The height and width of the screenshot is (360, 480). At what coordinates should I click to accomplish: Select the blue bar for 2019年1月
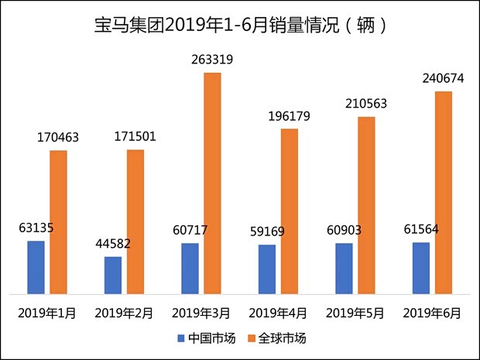36,267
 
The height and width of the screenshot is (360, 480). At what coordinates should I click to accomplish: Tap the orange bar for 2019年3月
212,183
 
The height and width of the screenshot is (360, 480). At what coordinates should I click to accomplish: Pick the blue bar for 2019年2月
113,275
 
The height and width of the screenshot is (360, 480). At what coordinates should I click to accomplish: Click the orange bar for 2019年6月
443,193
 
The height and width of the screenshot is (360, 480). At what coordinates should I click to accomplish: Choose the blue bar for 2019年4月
266,269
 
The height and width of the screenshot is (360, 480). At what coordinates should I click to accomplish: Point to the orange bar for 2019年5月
366,205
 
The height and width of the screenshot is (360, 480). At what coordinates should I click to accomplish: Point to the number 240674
444,77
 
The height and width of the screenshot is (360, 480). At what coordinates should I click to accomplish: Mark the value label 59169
266,231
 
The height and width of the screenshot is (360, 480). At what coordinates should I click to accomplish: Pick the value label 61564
421,229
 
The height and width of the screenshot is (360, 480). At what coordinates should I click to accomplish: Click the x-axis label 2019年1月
46,314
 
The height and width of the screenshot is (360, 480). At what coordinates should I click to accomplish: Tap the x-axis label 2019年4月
278,314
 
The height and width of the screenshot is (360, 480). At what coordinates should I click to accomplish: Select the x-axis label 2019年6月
432,314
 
